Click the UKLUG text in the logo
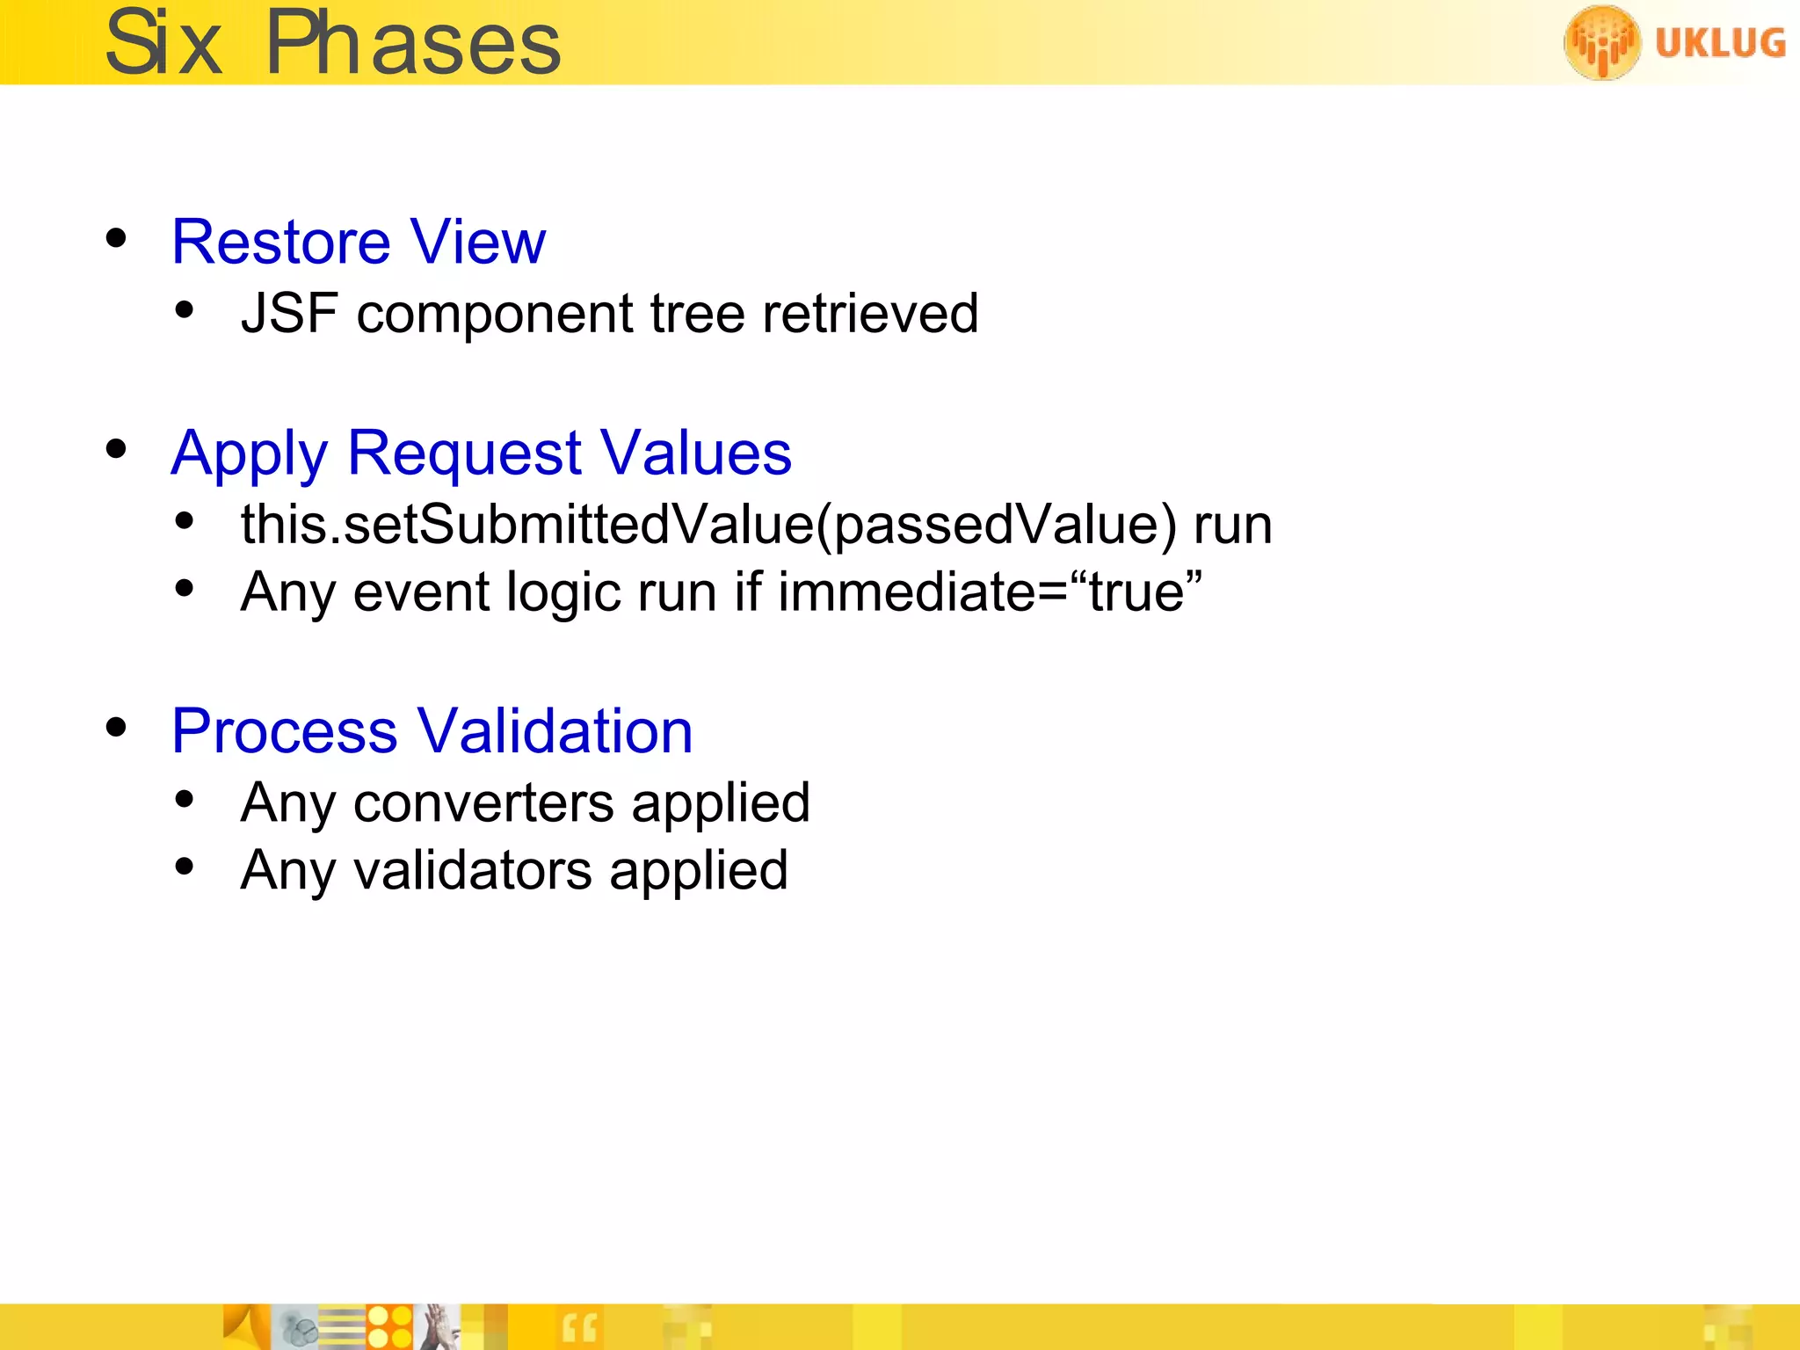1720,42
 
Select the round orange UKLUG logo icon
1601,42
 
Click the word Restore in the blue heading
281,242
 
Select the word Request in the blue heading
464,454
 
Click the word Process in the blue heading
285,731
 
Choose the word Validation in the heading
555,731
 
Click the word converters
483,802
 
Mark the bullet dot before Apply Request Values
116,450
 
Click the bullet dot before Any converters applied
184,799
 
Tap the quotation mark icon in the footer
579,1328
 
